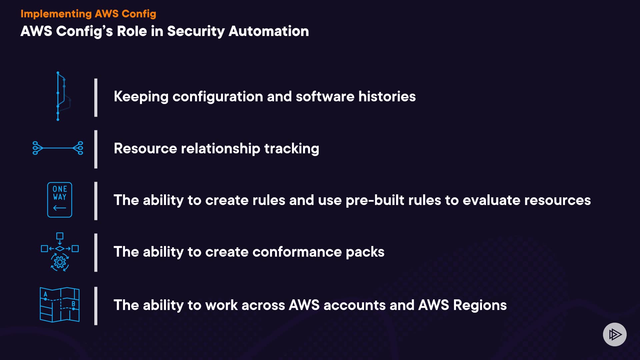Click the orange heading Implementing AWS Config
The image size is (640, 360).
tap(88, 14)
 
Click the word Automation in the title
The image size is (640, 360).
tap(269, 31)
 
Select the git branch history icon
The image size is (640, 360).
tap(62, 96)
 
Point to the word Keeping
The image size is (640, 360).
tap(141, 97)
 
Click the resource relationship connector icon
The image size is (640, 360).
tap(58, 148)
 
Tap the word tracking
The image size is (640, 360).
tap(292, 149)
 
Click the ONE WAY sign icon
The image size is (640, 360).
tap(60, 200)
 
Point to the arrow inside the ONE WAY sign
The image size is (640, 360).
tap(60, 208)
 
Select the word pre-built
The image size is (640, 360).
tap(375, 200)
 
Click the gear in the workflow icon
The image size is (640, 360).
tap(60, 263)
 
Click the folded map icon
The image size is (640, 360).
tap(60, 305)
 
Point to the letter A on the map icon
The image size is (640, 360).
tap(46, 294)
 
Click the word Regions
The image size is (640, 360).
tap(480, 305)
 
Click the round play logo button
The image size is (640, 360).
tap(615, 334)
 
